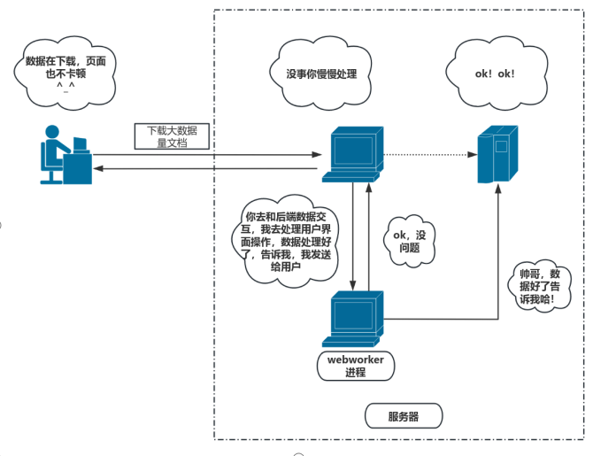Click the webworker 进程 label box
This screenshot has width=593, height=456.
pos(354,366)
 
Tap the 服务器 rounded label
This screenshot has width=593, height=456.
pos(403,416)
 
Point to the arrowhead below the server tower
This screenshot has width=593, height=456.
pos(495,190)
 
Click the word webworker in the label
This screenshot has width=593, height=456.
pos(354,359)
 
